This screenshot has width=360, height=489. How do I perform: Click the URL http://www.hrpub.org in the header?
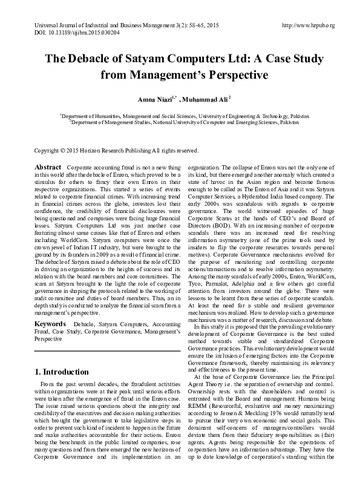click(309, 25)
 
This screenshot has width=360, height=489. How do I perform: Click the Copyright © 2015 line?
click(116, 150)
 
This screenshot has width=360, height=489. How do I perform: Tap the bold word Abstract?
click(48, 167)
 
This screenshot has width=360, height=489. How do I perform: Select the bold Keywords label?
click(50, 325)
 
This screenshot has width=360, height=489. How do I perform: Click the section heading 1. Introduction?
click(62, 372)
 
